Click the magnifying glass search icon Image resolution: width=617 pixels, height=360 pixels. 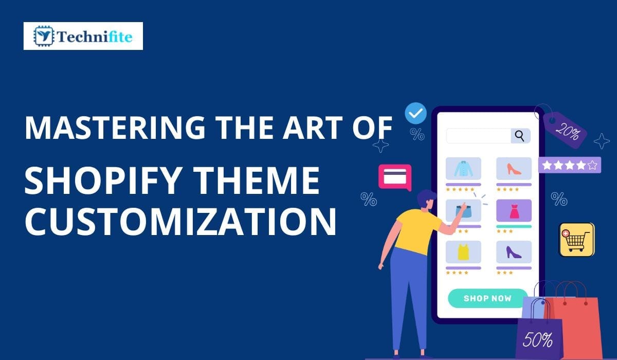coord(520,136)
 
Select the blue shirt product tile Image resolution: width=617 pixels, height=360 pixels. coord(463,168)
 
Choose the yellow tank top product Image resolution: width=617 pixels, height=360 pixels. coord(463,251)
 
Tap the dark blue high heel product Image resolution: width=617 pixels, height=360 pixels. coord(514,251)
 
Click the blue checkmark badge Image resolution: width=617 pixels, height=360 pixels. coord(415,114)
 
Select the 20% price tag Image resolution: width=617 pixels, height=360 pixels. coord(565,131)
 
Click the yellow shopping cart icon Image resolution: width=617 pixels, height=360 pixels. coord(576,240)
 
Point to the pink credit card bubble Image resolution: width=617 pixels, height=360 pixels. coord(395,176)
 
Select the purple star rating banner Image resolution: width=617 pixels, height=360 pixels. coord(570,165)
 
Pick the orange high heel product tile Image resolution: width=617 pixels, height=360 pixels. coord(514,168)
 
